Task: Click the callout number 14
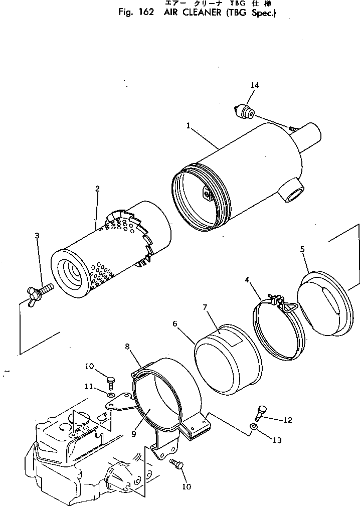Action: [x=255, y=86]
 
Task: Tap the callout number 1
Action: [x=189, y=125]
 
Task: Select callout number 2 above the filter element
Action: [x=97, y=189]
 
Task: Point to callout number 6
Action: [x=174, y=324]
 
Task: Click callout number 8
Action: [x=127, y=347]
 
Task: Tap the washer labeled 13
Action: [x=254, y=426]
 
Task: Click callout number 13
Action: [x=278, y=440]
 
